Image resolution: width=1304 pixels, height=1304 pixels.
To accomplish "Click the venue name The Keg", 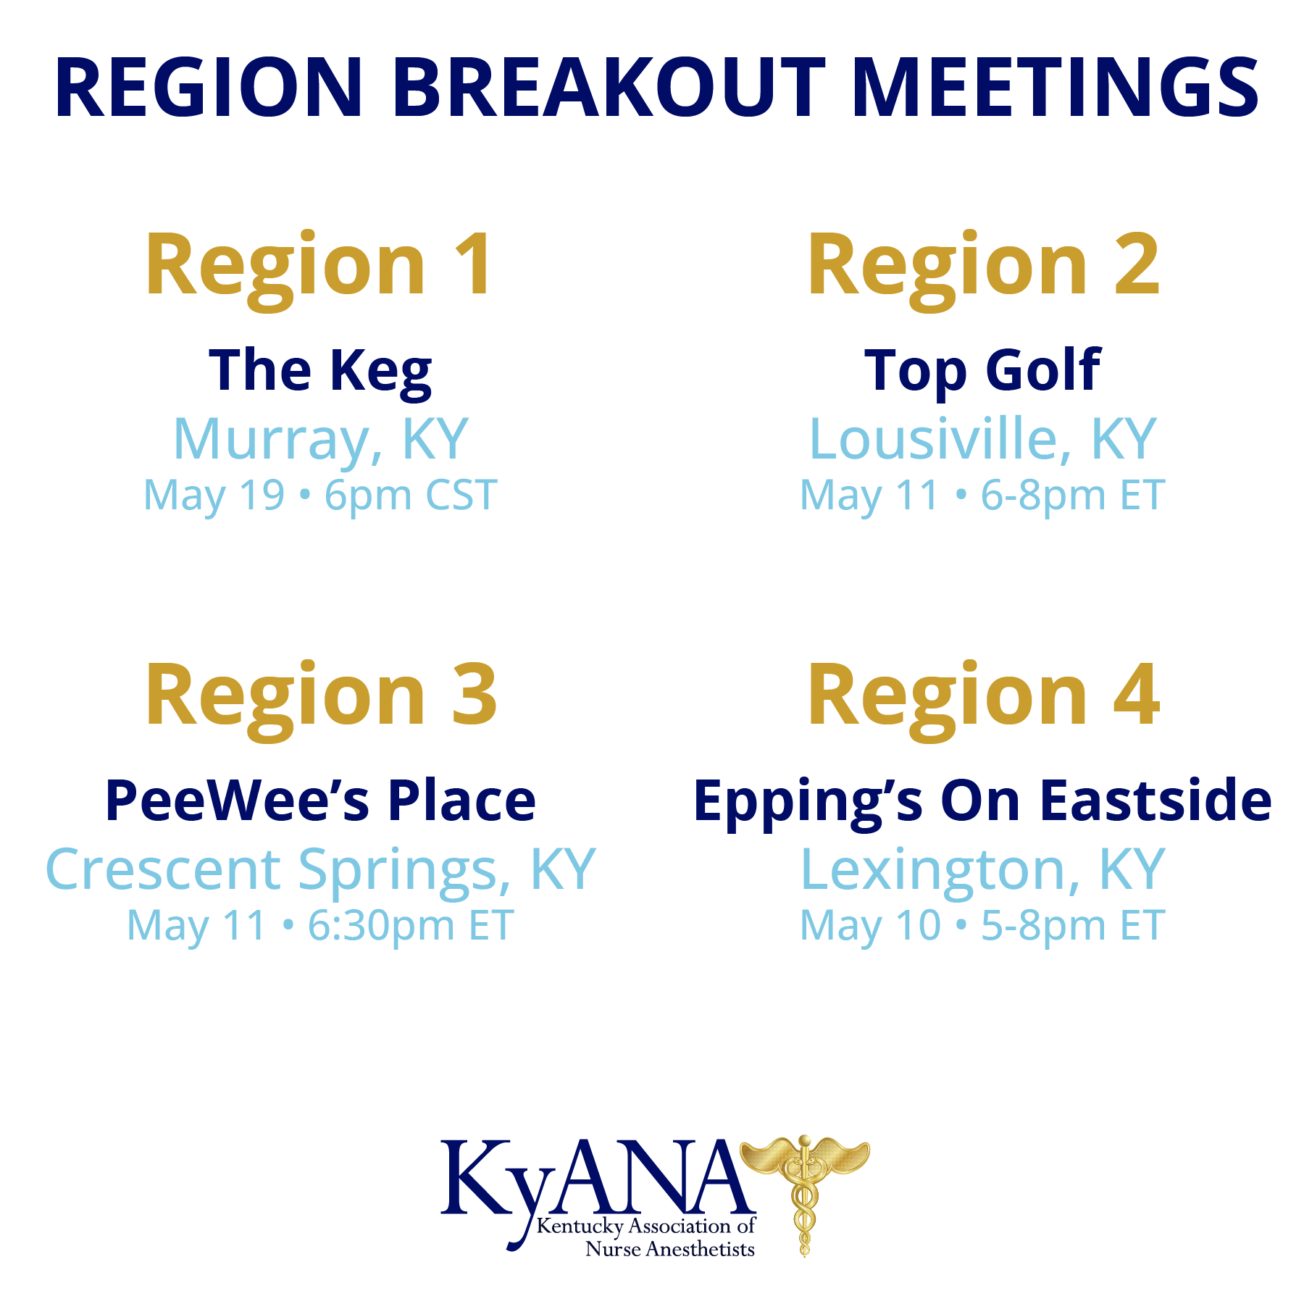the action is click(320, 372).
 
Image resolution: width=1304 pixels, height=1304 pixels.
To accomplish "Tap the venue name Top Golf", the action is click(982, 372).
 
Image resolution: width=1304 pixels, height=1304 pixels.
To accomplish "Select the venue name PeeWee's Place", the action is click(320, 801).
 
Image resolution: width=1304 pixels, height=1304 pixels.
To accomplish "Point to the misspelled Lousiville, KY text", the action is click(982, 440).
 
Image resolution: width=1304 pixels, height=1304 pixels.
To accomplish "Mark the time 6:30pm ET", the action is click(411, 927).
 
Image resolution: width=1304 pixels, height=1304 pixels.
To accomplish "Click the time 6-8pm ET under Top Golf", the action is click(1073, 496).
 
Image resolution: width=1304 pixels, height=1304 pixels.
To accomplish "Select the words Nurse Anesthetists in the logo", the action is click(670, 1249).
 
